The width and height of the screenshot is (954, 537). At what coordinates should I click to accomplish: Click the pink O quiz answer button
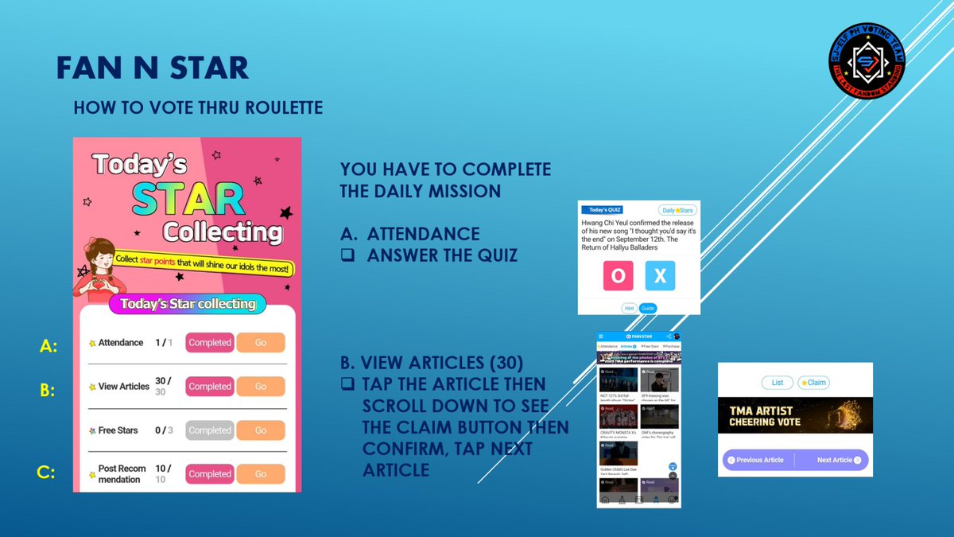[x=617, y=276]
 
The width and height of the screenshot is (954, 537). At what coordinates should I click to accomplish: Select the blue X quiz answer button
[x=660, y=276]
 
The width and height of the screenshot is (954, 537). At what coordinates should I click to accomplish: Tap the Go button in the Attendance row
[x=260, y=342]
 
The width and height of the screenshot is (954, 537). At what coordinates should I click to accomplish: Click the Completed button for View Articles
[x=210, y=387]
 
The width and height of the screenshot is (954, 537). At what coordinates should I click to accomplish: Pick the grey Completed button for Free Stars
[x=210, y=430]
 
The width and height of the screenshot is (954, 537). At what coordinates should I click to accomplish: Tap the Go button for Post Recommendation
[x=260, y=474]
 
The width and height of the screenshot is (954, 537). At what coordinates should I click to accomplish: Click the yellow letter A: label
[x=49, y=346]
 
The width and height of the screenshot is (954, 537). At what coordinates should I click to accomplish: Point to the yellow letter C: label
[x=46, y=473]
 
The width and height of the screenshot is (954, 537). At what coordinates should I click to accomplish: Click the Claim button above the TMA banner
[x=813, y=383]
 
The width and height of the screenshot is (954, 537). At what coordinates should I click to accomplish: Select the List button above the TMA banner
[x=777, y=383]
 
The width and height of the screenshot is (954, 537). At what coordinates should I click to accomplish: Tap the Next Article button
[x=839, y=460]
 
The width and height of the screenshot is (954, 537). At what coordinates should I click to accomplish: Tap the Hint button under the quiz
[x=629, y=308]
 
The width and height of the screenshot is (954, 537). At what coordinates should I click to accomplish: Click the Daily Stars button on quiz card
[x=677, y=210]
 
